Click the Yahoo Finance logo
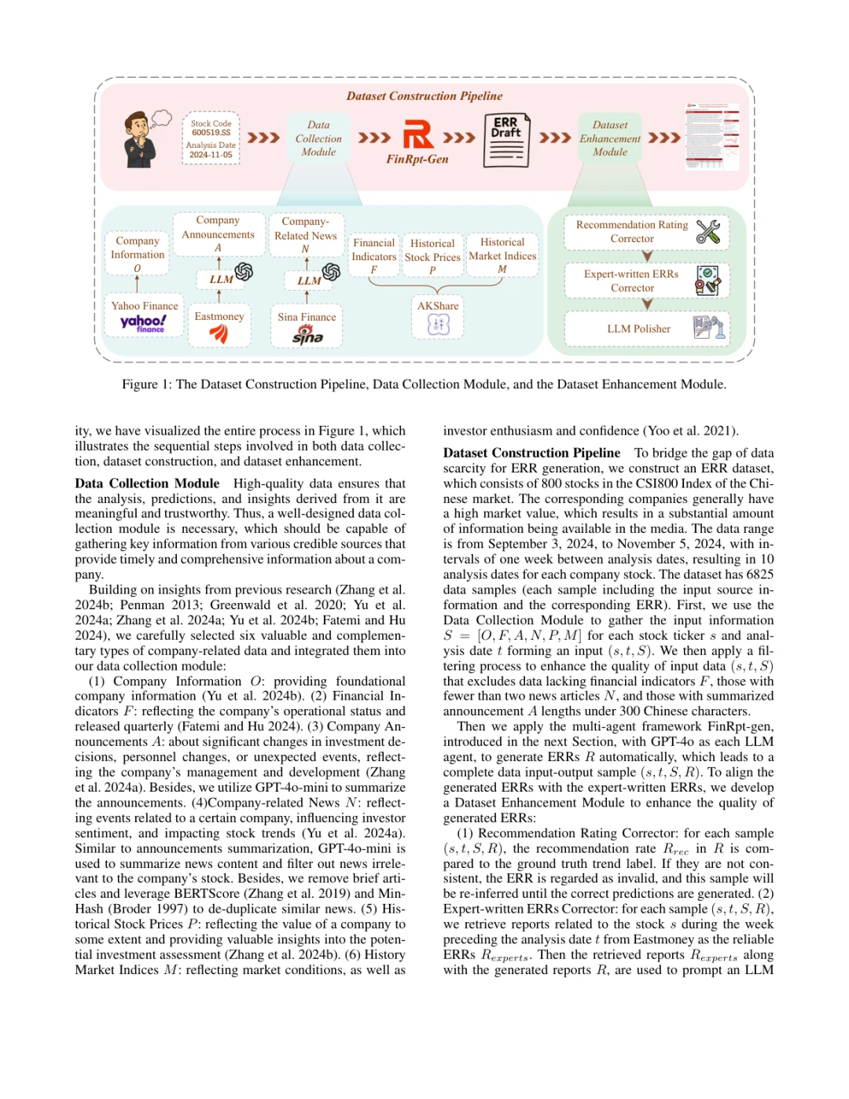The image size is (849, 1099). pos(143,323)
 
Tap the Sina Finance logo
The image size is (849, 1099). pos(307,336)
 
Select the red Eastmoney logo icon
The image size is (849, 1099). pos(219,333)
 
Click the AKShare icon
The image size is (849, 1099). pos(438,324)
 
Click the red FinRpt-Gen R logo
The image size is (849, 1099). pos(417,134)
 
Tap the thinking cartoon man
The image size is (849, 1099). pos(141,139)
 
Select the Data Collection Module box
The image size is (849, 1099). pos(318,138)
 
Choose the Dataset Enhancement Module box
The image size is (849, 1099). pos(610,138)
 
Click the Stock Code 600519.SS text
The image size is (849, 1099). pos(211,128)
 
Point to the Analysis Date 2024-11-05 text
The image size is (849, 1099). pos(211,150)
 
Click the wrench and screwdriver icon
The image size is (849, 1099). pos(707,231)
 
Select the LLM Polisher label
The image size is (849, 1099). pos(638,329)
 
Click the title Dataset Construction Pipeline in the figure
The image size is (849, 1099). pos(424,96)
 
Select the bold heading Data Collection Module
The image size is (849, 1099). pos(147,483)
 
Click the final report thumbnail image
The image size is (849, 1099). pos(712,137)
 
